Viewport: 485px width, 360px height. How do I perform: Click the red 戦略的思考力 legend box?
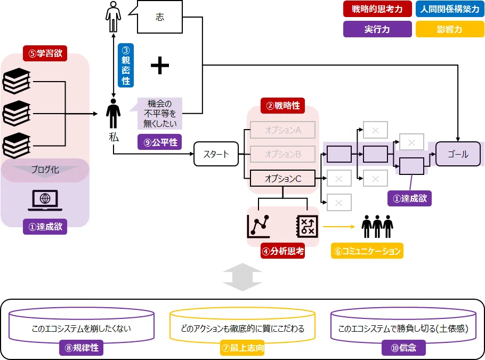pos(377,9)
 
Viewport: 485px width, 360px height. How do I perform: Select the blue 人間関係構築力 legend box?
pos(450,9)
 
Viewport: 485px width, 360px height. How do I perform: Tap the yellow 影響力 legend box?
pos(450,29)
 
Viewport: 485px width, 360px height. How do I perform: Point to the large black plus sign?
pos(160,65)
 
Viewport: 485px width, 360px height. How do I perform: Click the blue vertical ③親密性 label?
pos(126,65)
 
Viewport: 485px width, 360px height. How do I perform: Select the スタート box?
pos(216,154)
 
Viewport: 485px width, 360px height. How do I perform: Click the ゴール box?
pos(458,154)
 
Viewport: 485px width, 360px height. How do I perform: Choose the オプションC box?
pos(282,178)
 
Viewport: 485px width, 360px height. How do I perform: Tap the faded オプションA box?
pos(282,130)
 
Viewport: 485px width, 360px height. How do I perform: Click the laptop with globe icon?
pos(45,201)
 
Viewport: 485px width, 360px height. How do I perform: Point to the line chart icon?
pos(258,226)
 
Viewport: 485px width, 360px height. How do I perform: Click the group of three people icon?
pos(377,226)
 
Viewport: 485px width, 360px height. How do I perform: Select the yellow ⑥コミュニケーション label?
pos(367,251)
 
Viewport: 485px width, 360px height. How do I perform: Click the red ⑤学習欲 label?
pos(45,53)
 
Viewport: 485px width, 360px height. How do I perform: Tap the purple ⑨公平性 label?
pos(159,142)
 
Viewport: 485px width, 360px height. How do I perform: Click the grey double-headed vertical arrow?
pos(242,277)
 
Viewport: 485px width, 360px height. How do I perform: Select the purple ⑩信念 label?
pos(403,348)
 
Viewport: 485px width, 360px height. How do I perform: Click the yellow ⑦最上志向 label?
pos(242,348)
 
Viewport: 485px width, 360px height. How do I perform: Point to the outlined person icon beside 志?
pos(113,17)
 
